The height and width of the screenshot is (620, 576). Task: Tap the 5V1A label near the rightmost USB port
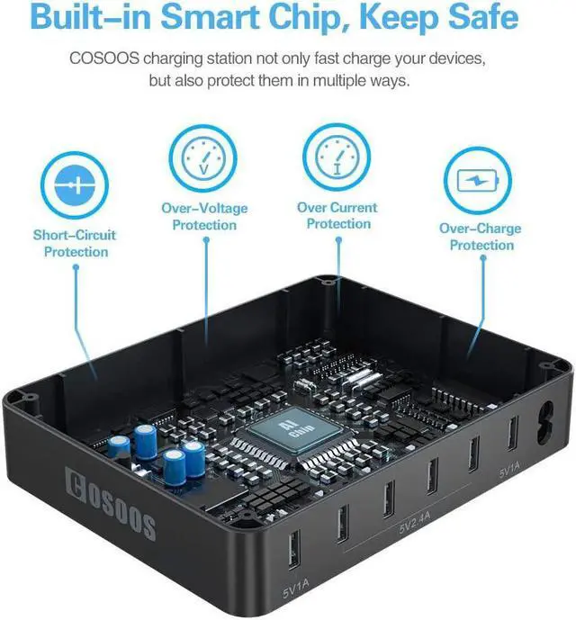509,470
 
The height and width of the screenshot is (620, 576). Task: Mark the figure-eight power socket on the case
543,424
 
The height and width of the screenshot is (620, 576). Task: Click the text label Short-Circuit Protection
76,244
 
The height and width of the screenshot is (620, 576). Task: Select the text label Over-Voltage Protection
204,217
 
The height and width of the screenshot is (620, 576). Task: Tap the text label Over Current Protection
337,216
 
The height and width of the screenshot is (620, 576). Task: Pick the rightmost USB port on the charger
510,433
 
